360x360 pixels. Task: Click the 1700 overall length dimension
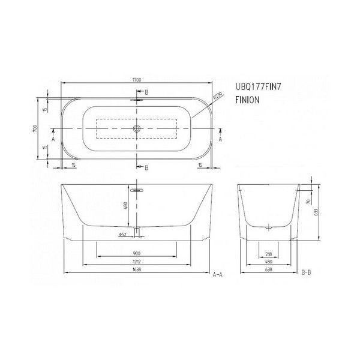[137, 79]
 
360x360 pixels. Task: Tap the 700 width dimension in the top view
[37, 129]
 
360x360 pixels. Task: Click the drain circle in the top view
[137, 129]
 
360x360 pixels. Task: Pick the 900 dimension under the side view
[137, 253]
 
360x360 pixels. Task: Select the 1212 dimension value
[137, 262]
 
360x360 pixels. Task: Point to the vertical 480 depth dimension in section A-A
[125, 206]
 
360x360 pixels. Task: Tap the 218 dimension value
[268, 253]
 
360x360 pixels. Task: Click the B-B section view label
[306, 272]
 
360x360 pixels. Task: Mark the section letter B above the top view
[146, 92]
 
